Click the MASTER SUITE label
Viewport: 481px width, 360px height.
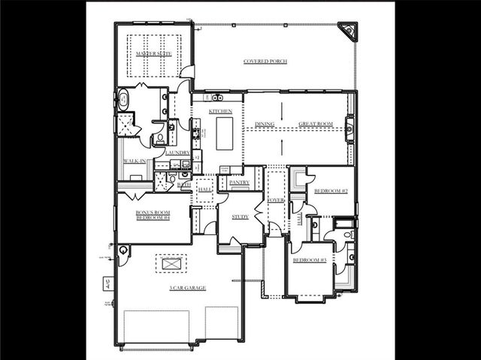point(153,55)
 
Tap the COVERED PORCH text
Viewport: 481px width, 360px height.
point(265,61)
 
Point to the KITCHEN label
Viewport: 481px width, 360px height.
point(220,111)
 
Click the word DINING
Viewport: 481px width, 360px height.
point(265,125)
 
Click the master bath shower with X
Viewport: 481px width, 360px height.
point(127,125)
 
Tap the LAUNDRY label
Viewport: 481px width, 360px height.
point(177,153)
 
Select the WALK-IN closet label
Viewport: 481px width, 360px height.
point(135,161)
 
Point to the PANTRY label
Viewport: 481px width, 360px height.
point(239,182)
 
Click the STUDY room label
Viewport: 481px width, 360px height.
point(240,216)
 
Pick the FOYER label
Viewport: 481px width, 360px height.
point(277,200)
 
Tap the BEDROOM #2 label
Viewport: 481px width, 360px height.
point(331,191)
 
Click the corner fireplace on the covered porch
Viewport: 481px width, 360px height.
point(347,31)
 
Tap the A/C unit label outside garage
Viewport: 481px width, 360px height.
point(107,283)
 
